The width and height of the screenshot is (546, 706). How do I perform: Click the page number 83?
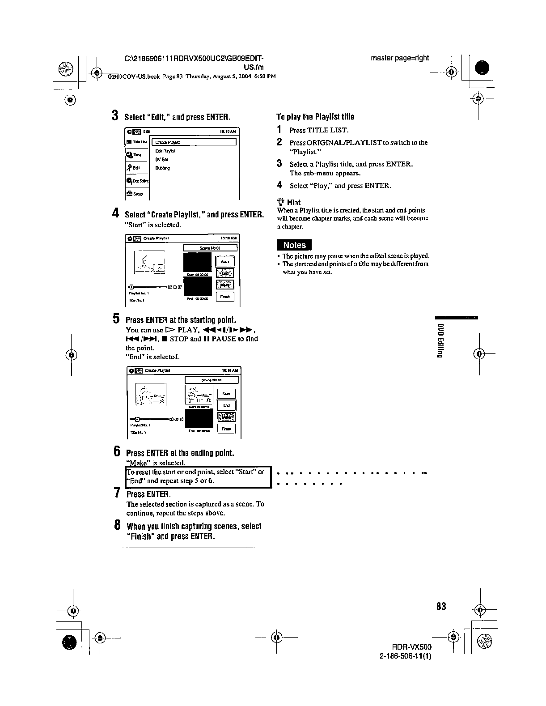coord(441,606)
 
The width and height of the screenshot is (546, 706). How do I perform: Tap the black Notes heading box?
coord(295,245)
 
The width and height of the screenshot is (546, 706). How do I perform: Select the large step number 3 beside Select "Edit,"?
coord(115,116)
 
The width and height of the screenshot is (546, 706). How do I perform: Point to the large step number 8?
coord(117,525)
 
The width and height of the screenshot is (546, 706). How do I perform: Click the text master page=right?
coord(400,58)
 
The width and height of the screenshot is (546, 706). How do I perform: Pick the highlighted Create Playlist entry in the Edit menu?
coord(194,142)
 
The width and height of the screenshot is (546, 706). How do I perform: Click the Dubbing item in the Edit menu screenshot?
coord(162,168)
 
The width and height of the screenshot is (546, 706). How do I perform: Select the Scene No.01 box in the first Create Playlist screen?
coord(210,247)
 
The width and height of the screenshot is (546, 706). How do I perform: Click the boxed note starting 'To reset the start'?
coord(198,476)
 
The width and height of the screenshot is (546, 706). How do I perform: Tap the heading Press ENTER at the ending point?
coord(180,453)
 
